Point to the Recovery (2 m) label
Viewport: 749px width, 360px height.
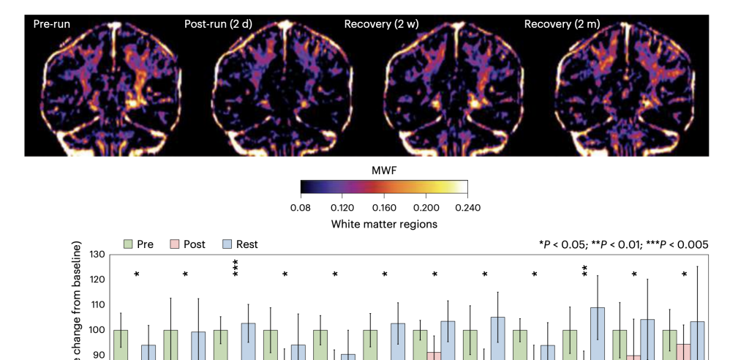[562, 24]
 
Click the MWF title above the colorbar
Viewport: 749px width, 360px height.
[384, 170]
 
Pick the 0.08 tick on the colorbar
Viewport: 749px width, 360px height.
[301, 208]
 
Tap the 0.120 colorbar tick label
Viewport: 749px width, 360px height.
[342, 208]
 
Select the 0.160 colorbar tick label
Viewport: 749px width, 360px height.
[384, 208]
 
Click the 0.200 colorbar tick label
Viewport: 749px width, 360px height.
[426, 208]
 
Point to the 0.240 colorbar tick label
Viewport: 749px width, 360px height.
[467, 208]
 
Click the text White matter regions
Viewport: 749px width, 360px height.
[384, 224]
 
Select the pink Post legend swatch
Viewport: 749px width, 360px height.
[175, 244]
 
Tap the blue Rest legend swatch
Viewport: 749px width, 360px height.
[227, 244]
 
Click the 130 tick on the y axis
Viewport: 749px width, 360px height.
[97, 255]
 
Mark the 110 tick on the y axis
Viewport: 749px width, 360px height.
[97, 304]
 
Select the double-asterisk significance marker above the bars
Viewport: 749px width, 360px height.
[584, 271]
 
